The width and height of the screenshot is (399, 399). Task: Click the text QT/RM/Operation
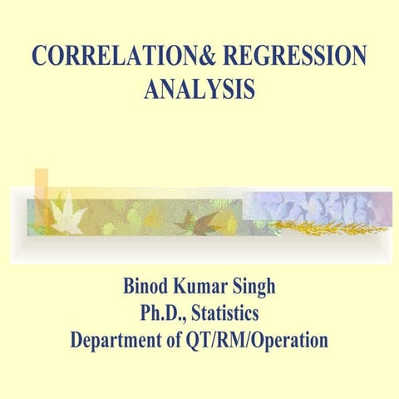[260, 341]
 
